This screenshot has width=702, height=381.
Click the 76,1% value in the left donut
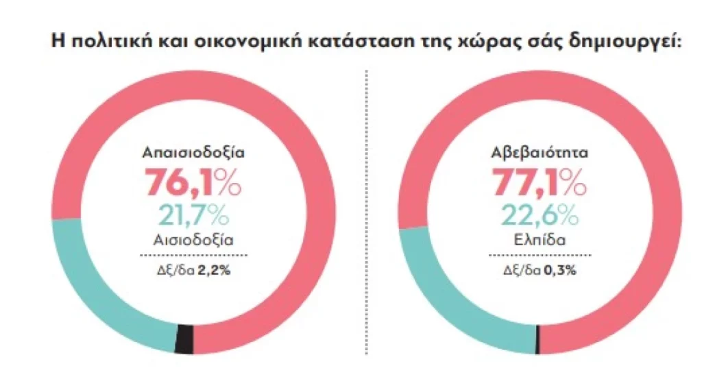click(193, 182)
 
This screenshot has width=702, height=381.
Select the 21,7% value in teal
click(194, 214)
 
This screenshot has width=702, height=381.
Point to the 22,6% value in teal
click(538, 214)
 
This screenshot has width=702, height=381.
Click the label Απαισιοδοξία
click(193, 152)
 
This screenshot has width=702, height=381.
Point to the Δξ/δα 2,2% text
click(194, 269)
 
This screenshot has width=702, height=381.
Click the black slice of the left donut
click(184, 339)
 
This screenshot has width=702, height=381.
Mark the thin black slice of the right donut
click(537, 340)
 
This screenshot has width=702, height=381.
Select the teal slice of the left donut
click(89, 288)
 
